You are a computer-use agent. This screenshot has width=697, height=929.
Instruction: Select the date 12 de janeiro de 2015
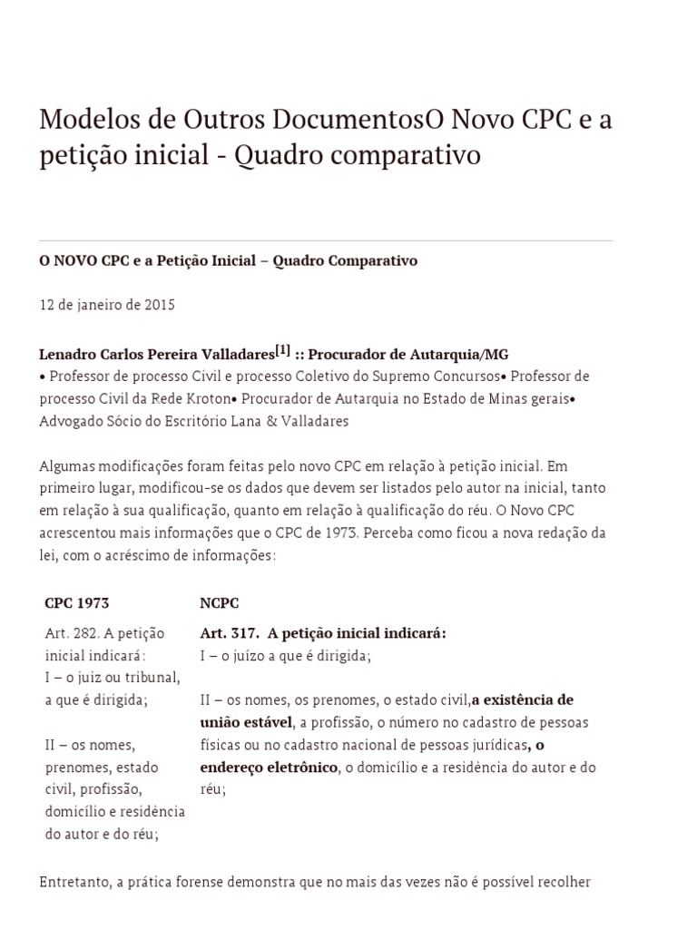(x=107, y=305)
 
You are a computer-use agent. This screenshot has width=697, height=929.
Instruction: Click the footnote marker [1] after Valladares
(x=282, y=350)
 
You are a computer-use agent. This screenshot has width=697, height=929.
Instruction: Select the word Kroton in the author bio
(x=204, y=398)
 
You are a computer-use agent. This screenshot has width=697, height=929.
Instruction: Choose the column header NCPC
(x=220, y=602)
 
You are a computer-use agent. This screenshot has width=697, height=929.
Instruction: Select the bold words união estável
(x=246, y=722)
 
